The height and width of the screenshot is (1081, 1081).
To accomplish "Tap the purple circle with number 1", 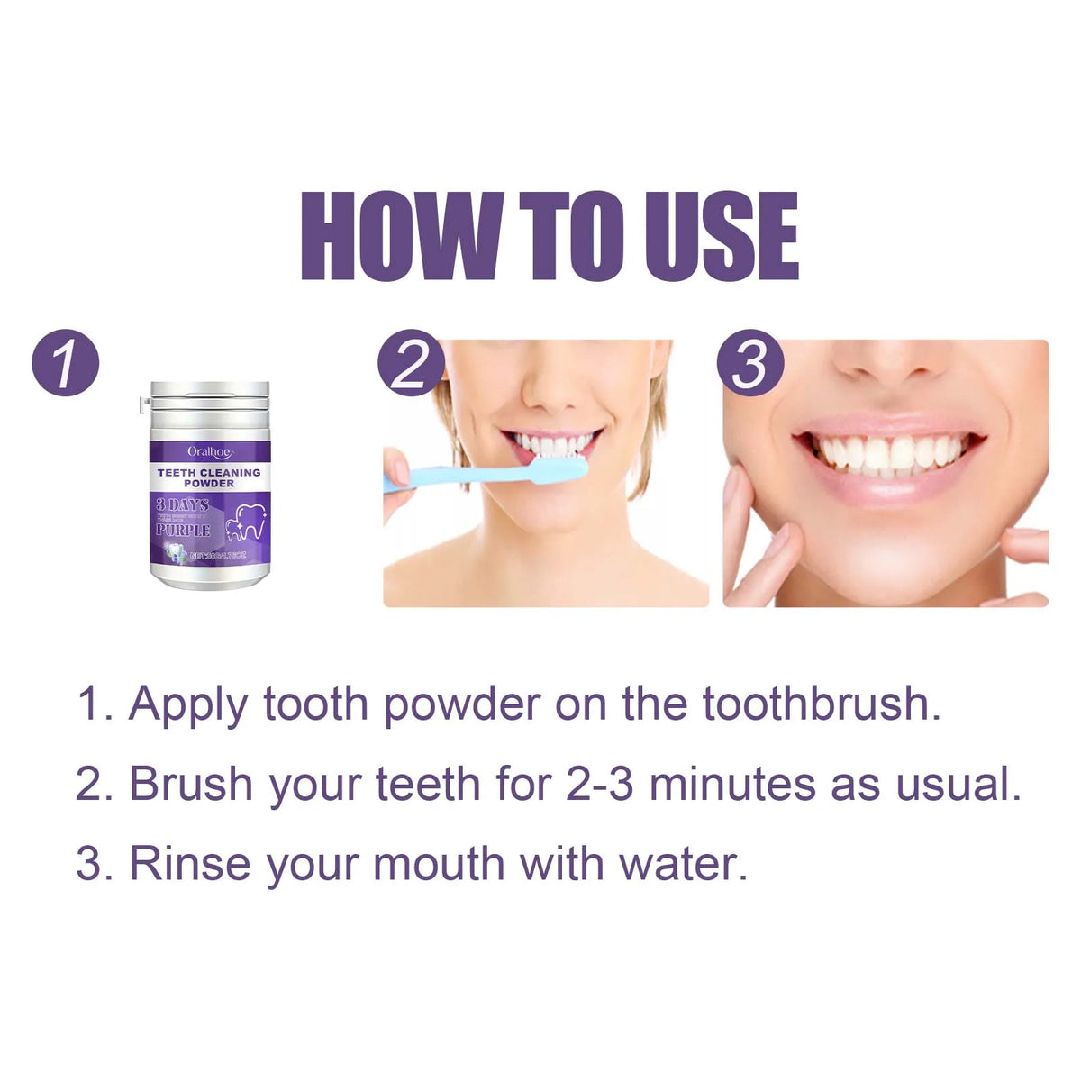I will point(65,363).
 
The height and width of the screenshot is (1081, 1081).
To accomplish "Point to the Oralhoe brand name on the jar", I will point(210,451).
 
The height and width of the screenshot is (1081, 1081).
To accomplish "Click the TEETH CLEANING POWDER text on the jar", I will point(209,477).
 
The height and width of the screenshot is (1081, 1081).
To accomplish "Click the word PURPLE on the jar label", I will point(183,530).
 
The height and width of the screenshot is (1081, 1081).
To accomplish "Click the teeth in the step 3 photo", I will point(887,450).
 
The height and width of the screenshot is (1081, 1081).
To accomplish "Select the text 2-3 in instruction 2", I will point(599,784).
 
